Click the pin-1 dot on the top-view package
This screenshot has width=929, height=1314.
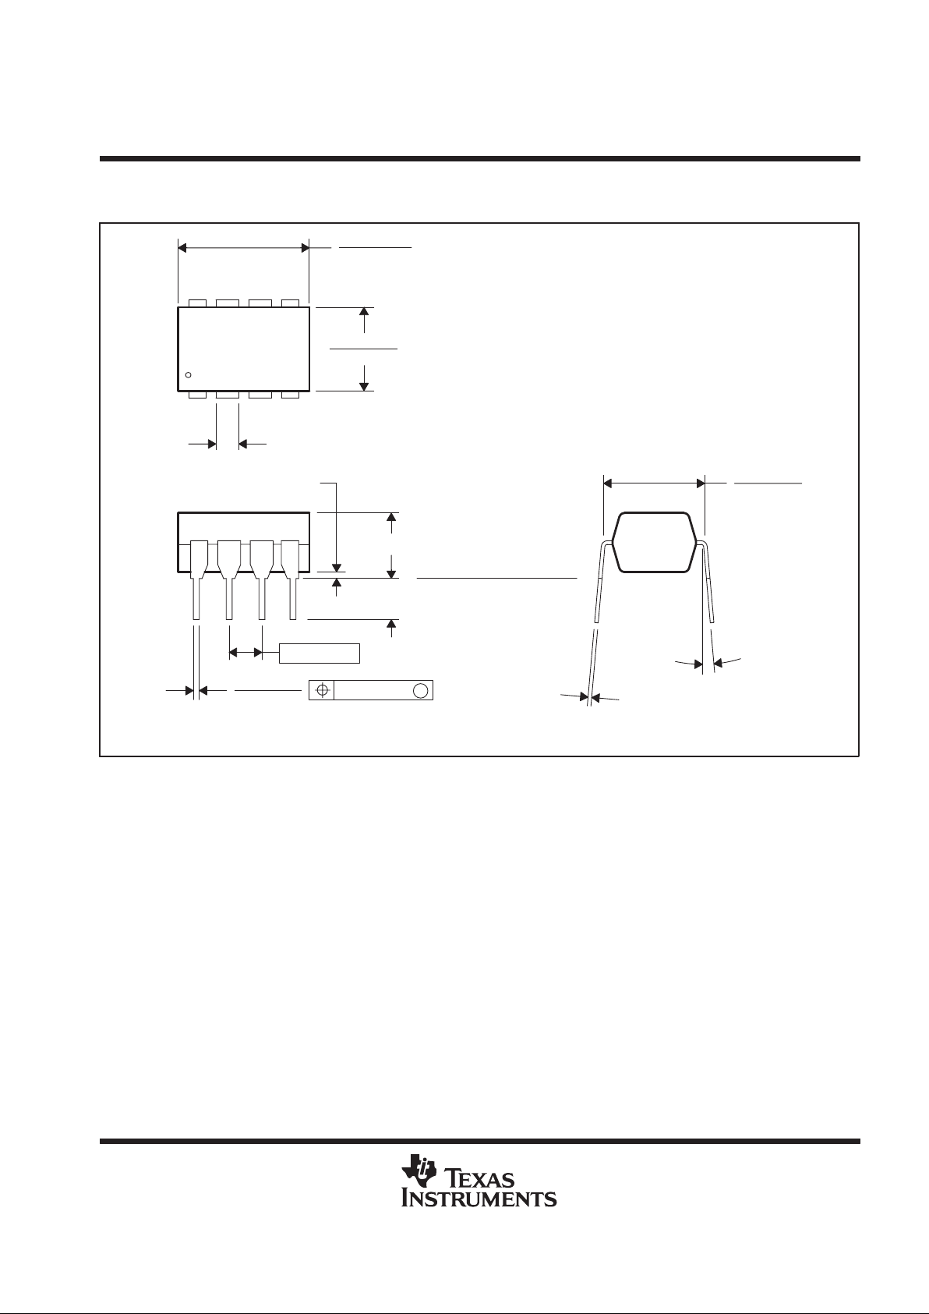point(188,376)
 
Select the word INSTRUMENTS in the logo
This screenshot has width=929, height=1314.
point(479,1198)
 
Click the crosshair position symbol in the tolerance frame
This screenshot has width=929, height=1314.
point(321,691)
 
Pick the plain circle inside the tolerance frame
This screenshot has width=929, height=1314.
point(420,691)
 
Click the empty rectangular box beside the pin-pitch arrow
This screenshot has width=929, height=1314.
point(320,653)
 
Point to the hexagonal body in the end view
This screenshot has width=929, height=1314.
point(654,542)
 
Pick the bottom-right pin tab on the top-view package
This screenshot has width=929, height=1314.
point(291,395)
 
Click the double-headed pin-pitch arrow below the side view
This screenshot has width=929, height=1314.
point(245,652)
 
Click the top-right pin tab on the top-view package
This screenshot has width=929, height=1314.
point(291,303)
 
